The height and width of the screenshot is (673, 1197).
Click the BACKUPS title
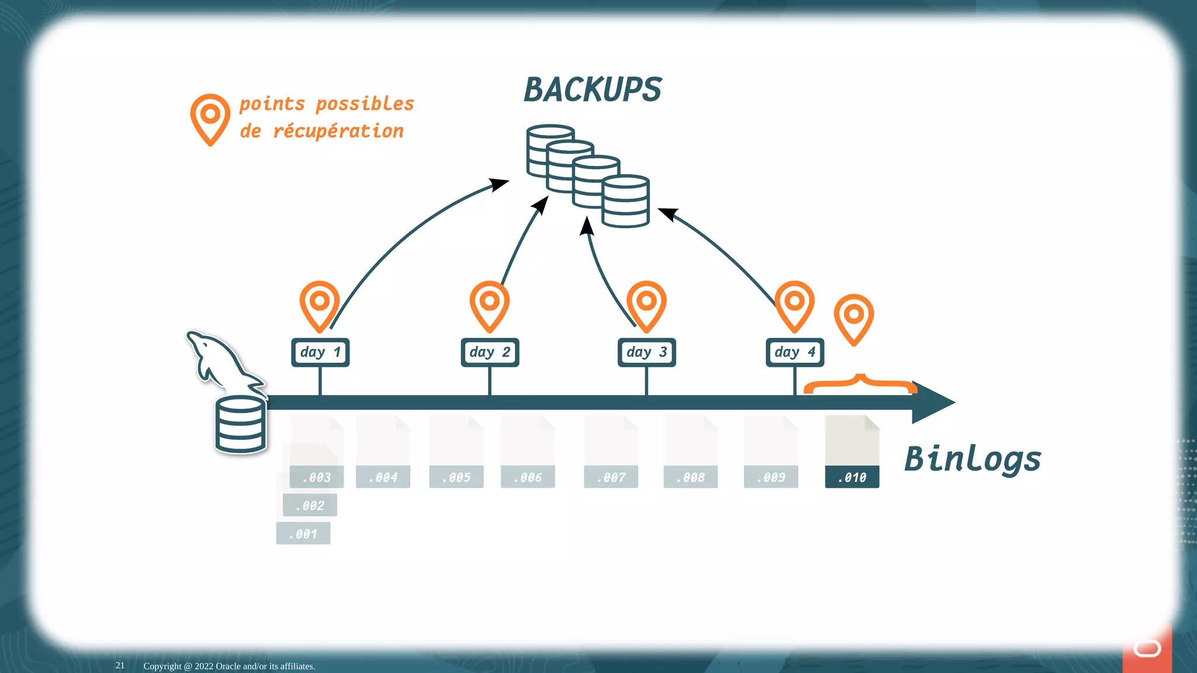point(592,90)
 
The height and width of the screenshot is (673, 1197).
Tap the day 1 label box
point(320,352)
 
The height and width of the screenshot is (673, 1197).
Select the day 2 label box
point(490,352)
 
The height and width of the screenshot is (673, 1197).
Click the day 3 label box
point(646,352)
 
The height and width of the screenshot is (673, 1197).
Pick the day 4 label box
point(795,352)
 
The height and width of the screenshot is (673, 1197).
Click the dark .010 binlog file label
point(852,477)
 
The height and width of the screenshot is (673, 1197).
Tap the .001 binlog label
point(303,533)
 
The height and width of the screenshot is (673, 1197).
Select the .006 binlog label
point(528,477)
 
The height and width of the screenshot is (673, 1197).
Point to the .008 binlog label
point(690,477)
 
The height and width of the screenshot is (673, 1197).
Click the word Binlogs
point(973,459)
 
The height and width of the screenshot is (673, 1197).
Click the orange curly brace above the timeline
point(860,383)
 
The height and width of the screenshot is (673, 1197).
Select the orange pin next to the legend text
point(210,119)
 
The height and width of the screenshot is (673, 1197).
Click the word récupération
point(338,131)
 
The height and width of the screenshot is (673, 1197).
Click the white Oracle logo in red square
point(1147,648)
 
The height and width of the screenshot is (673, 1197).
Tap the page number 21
point(120,665)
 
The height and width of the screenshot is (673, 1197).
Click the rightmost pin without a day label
point(853,318)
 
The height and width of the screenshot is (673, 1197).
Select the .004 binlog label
point(383,477)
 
